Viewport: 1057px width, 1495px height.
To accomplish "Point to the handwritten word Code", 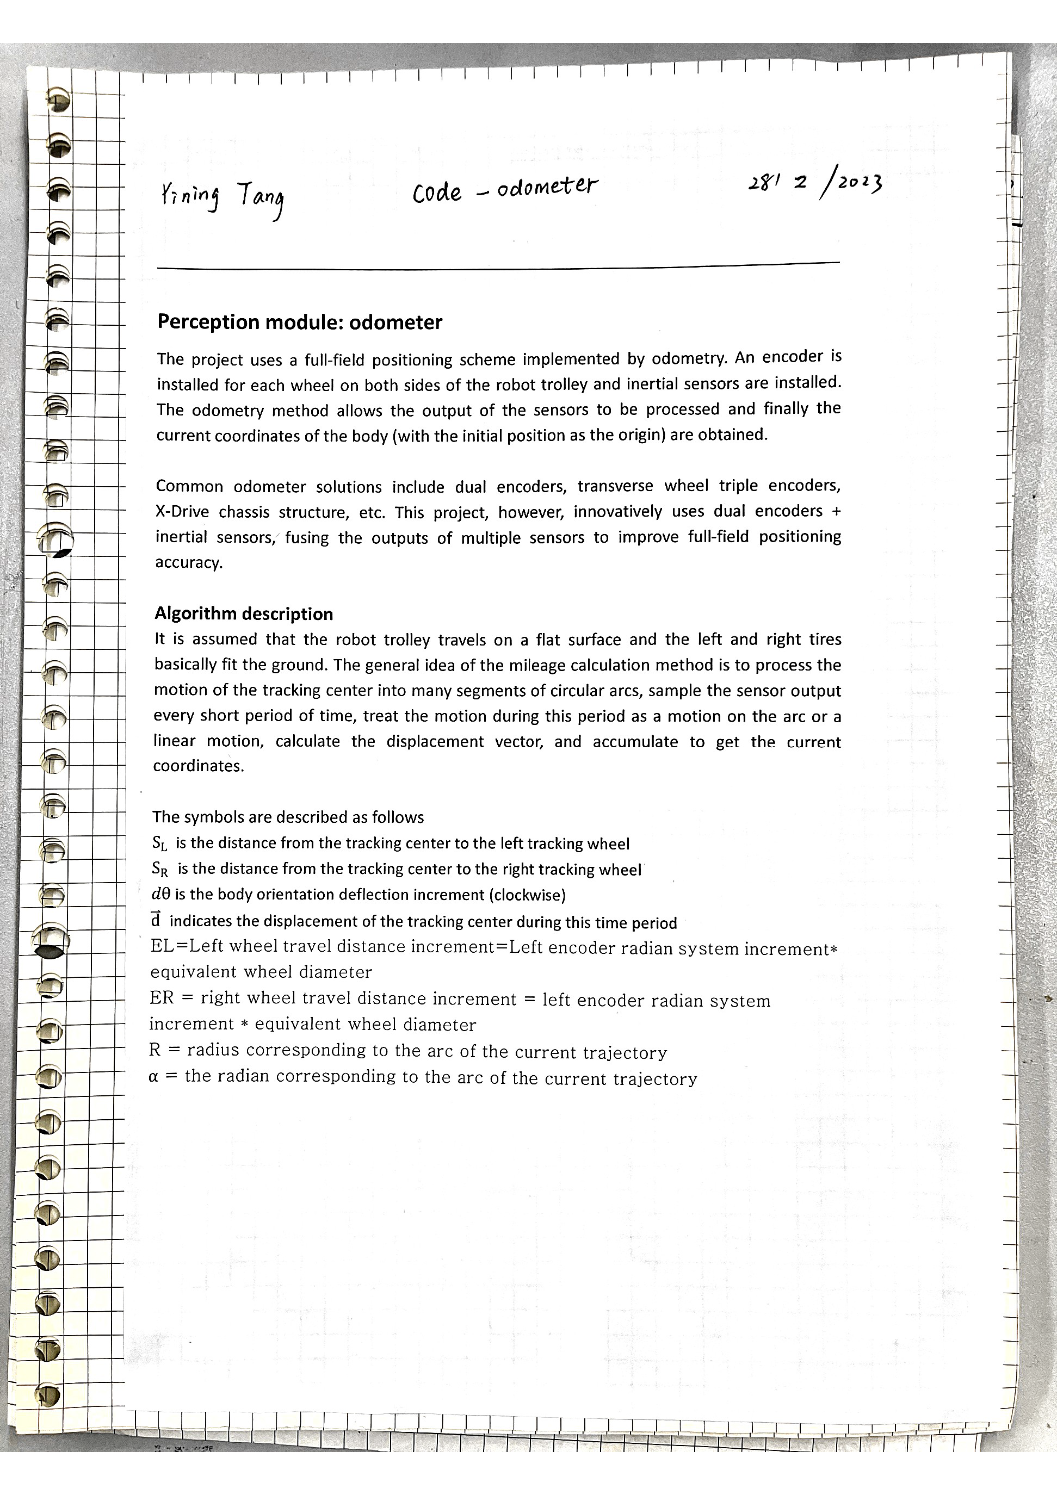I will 436,193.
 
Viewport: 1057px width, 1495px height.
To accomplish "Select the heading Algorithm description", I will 244,614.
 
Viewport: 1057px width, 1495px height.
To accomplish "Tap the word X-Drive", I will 182,512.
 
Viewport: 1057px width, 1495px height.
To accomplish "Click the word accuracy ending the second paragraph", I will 188,562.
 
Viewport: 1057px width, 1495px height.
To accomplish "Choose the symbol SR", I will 160,869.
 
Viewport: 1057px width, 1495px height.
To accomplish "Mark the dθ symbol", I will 160,895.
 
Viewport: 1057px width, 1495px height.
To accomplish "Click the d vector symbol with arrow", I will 156,921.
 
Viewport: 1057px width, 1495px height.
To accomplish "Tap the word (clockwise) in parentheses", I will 527,895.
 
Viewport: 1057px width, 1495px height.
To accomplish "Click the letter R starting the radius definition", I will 154,1050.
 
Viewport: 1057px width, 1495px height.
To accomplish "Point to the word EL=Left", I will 187,946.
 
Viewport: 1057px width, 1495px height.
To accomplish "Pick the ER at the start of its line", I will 162,998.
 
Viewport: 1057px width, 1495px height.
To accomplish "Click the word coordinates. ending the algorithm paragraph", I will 198,766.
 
